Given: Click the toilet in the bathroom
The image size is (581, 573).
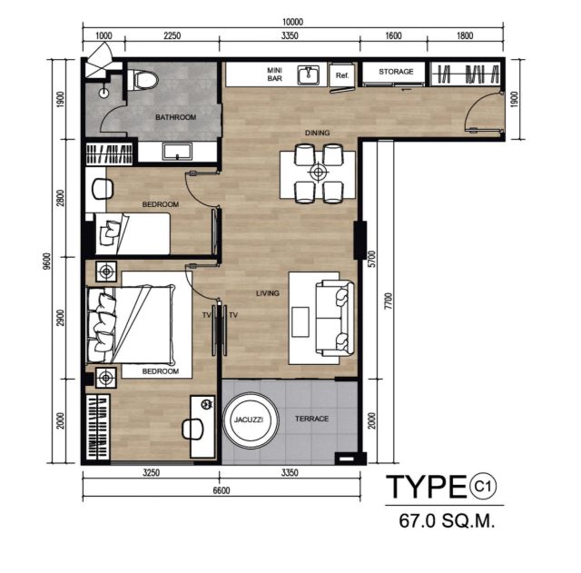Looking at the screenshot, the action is coord(143,80).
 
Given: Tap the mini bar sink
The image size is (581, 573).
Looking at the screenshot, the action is coord(309,75).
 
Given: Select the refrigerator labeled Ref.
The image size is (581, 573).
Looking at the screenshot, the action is coord(342,75).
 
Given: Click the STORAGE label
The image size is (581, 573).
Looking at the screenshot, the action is coord(396,72).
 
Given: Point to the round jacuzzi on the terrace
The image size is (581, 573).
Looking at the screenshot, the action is coord(251,420).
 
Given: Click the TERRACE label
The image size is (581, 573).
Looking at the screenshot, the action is coord(311,419).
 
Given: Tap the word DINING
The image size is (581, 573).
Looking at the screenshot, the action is coord(317,133).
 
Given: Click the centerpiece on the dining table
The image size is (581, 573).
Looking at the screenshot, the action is coord(318,172).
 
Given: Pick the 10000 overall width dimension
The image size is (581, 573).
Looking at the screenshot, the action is coord(292,22).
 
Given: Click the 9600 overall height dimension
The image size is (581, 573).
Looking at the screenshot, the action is coord(46,261).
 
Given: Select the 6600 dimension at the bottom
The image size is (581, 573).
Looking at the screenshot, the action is coord(222,490).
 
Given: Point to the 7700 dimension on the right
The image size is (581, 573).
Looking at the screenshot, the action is coord(388,301).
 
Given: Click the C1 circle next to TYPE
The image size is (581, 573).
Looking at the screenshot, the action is coord(483,486).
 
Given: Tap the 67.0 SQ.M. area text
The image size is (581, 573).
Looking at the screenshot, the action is coord(447,520).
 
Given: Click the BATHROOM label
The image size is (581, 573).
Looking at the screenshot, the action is coord(175,117).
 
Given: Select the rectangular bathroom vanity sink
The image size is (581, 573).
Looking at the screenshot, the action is coord(178,152).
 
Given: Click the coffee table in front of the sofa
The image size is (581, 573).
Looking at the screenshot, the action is coord(300,321).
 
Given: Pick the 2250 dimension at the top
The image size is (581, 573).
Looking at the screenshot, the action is coord(172,35).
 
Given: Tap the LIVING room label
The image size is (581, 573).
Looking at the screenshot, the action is coord(268,293).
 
